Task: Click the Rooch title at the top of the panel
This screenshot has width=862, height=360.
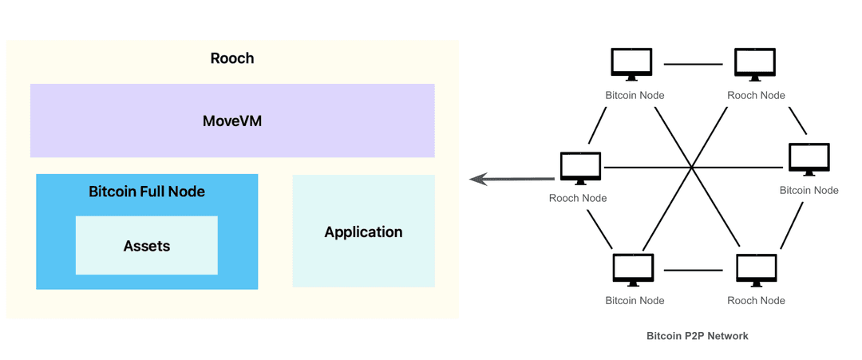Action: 232,58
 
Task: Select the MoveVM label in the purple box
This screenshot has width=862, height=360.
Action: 232,121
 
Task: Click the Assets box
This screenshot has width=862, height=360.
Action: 147,246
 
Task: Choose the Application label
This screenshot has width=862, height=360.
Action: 363,232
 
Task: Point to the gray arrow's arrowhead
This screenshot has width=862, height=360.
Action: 476,179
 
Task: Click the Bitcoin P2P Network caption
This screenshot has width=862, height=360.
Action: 697,336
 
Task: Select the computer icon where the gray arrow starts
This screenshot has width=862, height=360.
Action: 580,168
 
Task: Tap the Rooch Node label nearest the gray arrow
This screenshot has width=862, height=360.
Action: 578,198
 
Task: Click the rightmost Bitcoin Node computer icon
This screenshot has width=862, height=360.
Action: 809,160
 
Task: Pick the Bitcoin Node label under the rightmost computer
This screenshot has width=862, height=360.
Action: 809,190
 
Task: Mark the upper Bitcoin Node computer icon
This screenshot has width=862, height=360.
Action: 631,65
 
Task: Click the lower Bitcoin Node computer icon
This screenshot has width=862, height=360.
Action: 631,271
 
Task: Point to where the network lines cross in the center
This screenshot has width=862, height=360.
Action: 692,167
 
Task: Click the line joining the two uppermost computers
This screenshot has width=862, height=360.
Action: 693,64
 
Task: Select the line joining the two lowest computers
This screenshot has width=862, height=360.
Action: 693,270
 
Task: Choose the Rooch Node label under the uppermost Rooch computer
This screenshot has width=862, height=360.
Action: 756,95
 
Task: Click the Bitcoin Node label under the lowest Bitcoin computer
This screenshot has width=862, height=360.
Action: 635,300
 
